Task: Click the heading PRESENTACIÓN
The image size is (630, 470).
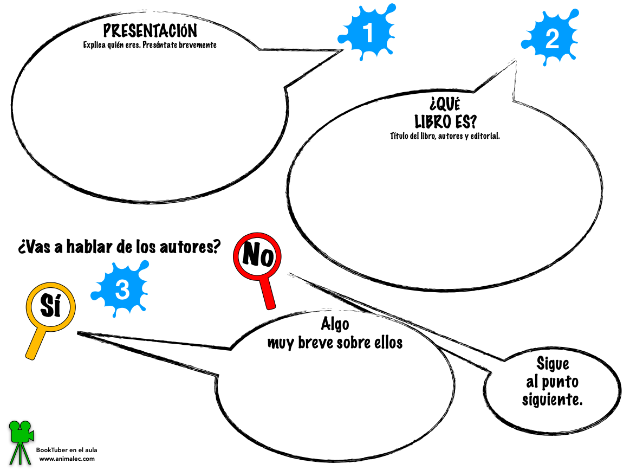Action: (x=150, y=31)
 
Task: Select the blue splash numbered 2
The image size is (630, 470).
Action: (x=551, y=40)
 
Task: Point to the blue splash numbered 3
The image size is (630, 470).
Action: (x=121, y=290)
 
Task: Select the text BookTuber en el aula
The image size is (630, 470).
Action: (x=67, y=450)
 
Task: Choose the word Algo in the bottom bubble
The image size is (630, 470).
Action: (x=335, y=324)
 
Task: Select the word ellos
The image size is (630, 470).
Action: (x=387, y=343)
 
